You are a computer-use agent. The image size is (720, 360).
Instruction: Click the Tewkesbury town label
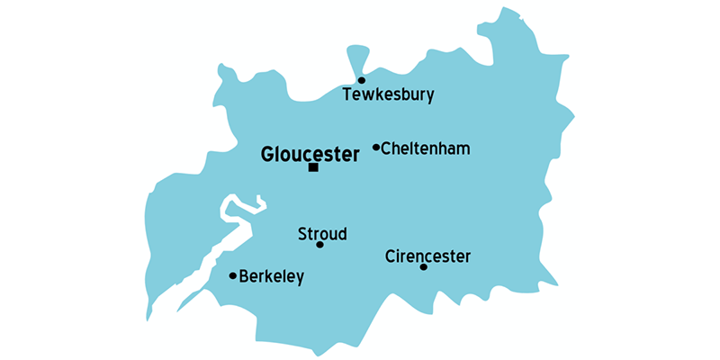[x=389, y=94]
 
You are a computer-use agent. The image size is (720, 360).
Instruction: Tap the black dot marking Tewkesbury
[x=362, y=80]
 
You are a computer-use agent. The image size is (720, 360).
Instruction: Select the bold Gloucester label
[x=310, y=154]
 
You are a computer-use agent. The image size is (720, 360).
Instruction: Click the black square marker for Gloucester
[x=313, y=167]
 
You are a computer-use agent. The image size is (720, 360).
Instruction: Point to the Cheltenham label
[x=426, y=148]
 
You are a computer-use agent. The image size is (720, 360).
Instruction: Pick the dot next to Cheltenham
[x=376, y=147]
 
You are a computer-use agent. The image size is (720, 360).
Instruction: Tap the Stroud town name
[x=322, y=234]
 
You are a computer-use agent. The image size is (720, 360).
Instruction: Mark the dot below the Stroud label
[x=319, y=245]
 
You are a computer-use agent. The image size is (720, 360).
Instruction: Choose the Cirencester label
[x=427, y=256]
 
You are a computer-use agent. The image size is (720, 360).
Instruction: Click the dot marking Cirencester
[x=423, y=266]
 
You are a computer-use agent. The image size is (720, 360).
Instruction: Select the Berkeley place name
[x=272, y=276]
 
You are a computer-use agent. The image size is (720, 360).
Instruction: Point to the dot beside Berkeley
[x=233, y=275]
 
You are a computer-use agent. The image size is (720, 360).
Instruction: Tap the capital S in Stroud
[x=302, y=234]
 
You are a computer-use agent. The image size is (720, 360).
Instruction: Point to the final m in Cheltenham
[x=463, y=148]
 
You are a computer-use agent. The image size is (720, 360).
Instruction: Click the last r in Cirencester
[x=468, y=257]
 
